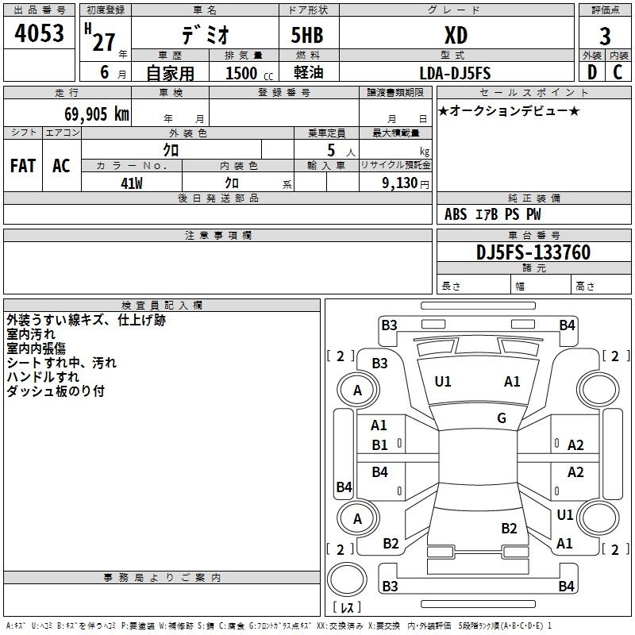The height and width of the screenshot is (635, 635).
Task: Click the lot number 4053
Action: [x=39, y=33]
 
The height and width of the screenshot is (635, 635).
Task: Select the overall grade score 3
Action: [x=605, y=37]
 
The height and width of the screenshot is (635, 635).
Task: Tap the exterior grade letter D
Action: [x=592, y=72]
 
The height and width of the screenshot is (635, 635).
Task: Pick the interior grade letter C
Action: [x=618, y=72]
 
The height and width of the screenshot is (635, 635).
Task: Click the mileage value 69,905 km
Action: [x=97, y=114]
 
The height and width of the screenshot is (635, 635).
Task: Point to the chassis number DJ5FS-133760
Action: [x=533, y=252]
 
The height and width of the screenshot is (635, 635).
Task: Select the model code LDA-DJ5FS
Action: [x=455, y=73]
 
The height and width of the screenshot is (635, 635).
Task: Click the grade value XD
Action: [x=456, y=36]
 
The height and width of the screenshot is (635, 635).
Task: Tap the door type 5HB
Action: [x=307, y=35]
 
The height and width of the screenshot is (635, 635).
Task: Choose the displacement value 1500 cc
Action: [x=249, y=73]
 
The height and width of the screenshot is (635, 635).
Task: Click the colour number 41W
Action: [x=132, y=183]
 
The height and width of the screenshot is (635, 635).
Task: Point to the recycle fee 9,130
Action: [x=400, y=183]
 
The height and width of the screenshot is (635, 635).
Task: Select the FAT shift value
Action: [x=23, y=166]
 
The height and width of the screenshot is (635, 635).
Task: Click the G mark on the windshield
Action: [x=502, y=418]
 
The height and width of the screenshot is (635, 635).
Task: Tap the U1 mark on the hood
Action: [x=443, y=382]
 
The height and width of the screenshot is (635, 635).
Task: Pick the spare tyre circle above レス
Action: [x=347, y=579]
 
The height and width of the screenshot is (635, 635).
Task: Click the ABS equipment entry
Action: [x=456, y=214]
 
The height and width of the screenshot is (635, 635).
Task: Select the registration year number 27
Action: [x=104, y=42]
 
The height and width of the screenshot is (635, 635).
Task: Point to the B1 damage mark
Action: [x=379, y=445]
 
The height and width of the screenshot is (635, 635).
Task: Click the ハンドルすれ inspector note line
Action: [x=43, y=377]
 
